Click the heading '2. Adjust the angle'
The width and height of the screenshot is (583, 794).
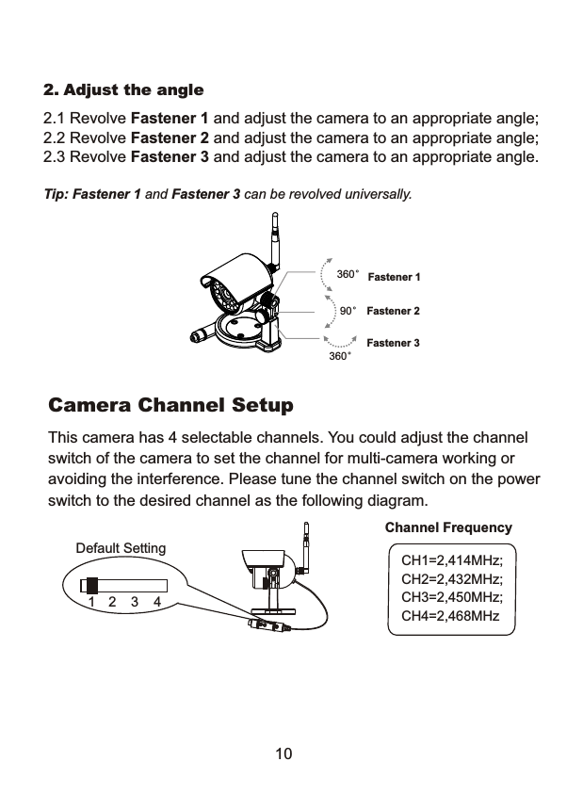click(123, 90)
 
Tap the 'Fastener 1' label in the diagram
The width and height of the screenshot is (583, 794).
click(393, 277)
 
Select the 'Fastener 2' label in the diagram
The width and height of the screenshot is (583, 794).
click(392, 310)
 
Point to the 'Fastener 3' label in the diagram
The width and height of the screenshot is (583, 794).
click(392, 343)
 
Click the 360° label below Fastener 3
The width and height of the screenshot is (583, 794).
click(339, 358)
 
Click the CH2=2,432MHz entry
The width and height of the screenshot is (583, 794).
click(452, 580)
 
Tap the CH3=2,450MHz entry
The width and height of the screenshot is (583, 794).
click(452, 598)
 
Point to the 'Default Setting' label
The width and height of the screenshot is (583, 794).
click(120, 548)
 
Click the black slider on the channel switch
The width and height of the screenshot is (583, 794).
click(91, 584)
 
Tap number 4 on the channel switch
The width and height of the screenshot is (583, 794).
click(157, 601)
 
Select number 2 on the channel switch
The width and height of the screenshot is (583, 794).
click(113, 601)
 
